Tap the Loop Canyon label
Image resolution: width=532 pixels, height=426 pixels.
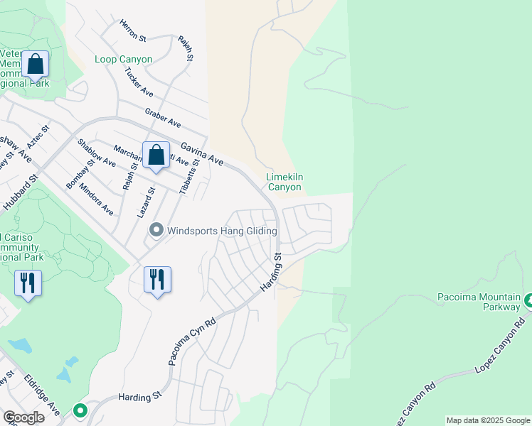tap(124, 60)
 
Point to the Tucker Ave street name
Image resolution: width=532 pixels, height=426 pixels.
tap(139, 83)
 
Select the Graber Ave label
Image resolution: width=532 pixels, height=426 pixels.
tap(163, 116)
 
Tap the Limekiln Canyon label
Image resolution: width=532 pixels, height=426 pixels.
tap(284, 182)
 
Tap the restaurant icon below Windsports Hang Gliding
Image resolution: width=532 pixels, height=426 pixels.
tap(157, 279)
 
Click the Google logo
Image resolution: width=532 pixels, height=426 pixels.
tap(23, 417)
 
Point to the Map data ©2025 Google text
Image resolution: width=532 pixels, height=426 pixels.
tap(487, 420)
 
